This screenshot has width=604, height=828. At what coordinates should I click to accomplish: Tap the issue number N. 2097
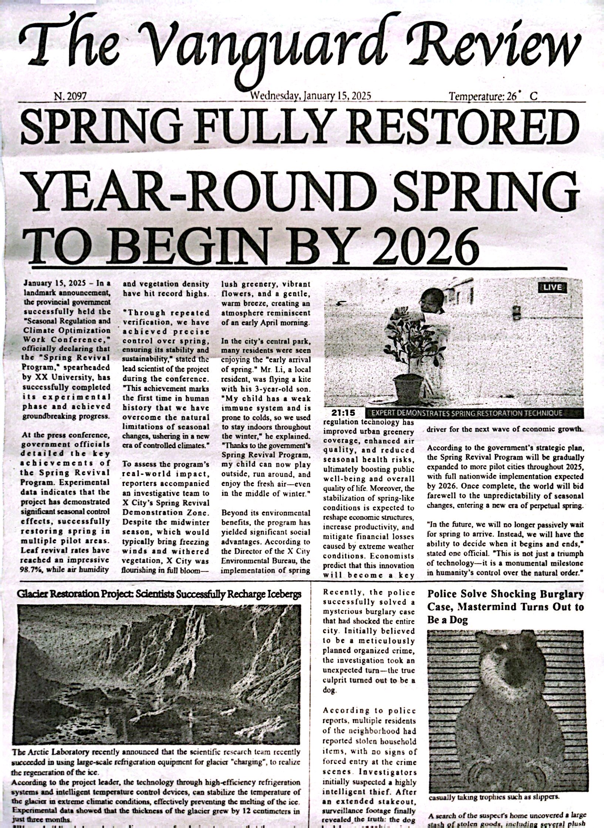coord(70,97)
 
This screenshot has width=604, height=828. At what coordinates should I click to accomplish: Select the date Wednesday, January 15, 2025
coord(310,96)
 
